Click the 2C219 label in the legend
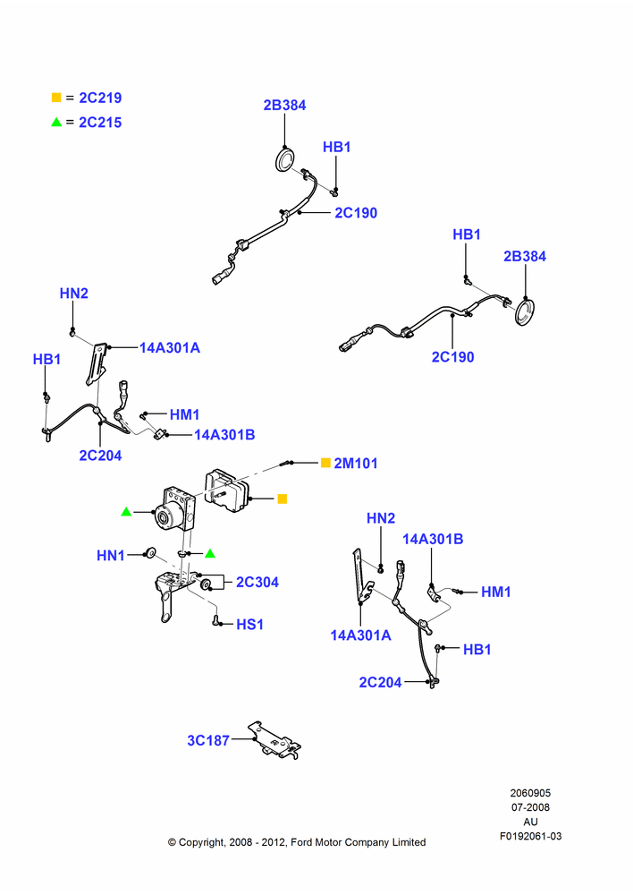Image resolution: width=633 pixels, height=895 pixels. tap(100, 98)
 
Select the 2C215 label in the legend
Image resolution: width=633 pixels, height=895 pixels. tap(100, 123)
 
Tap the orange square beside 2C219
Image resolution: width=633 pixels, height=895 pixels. tap(56, 98)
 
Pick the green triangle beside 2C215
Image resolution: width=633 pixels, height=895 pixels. tap(56, 122)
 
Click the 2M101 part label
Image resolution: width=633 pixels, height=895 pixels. tap(356, 464)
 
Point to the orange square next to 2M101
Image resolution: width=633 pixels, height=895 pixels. tap(325, 463)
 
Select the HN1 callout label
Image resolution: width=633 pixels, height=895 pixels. tap(111, 556)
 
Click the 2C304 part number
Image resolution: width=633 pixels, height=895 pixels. tap(257, 583)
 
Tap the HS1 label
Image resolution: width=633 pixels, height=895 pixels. tap(249, 625)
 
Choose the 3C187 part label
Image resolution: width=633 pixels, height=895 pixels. tap(208, 741)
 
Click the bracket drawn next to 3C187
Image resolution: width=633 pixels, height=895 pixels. tap(274, 740)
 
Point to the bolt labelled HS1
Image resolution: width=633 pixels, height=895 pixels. tap(216, 620)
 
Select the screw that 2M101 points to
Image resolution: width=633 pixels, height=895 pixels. tap(287, 464)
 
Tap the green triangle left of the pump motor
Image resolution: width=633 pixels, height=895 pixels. tap(127, 512)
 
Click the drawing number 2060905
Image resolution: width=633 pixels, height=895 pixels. tap(530, 793)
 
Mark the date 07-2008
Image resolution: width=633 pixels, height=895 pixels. tap(530, 807)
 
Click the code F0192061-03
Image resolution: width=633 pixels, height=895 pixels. tap(530, 836)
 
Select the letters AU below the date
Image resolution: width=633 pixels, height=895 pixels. tap(530, 822)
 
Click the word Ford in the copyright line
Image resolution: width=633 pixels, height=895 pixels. tap(302, 842)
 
